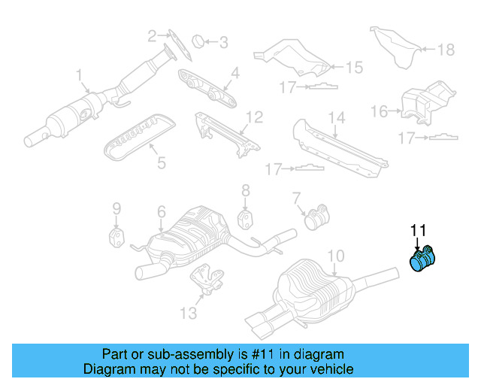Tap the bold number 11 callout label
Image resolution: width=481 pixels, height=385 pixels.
[x=417, y=230]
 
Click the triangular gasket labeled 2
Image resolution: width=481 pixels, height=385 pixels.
[x=173, y=43]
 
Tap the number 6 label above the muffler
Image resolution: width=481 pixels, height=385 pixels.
[x=161, y=213]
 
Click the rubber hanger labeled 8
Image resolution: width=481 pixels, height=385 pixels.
[x=245, y=218]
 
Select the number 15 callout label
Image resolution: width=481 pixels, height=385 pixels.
[x=353, y=68]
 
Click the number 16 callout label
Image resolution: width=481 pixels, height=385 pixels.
[x=380, y=112]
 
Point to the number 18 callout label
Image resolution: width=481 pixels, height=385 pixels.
[x=446, y=50]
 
